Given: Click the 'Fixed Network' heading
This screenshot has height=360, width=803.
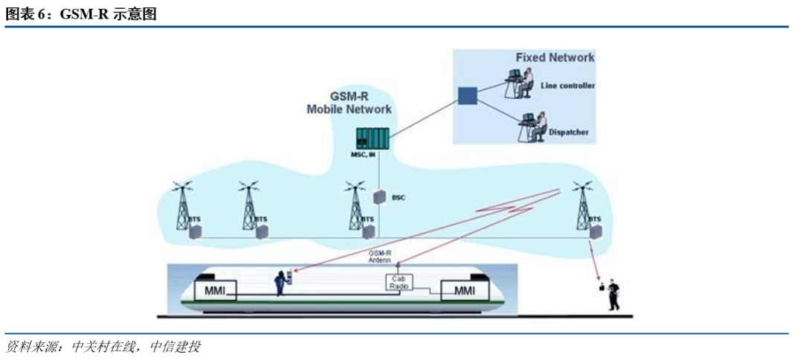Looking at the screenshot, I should coord(555,57).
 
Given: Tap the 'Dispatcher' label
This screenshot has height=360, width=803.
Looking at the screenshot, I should coord(570,133).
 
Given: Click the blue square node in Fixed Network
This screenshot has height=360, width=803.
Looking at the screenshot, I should coord(467,96).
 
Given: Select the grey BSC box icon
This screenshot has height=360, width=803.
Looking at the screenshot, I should coord(380,198).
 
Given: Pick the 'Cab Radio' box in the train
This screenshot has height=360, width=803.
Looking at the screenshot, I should coord(399,283).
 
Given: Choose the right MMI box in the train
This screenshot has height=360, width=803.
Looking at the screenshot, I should coord(463,289).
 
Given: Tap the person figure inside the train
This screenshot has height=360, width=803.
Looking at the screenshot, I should coord(283,283).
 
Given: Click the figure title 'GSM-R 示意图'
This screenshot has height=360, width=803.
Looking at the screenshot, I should coord(82,14).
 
